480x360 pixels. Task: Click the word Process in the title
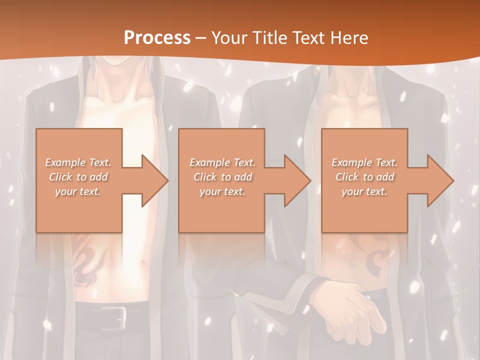(157, 37)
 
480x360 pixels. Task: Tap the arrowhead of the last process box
(439, 180)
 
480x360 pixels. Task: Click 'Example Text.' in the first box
(78, 162)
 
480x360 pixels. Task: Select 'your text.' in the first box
(78, 191)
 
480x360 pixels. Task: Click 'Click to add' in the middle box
(222, 177)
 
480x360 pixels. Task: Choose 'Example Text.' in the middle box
(222, 162)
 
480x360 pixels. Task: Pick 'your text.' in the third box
(364, 191)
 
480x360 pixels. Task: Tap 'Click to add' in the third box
(364, 177)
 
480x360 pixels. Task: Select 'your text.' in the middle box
(222, 191)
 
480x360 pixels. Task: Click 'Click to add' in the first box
(78, 177)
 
